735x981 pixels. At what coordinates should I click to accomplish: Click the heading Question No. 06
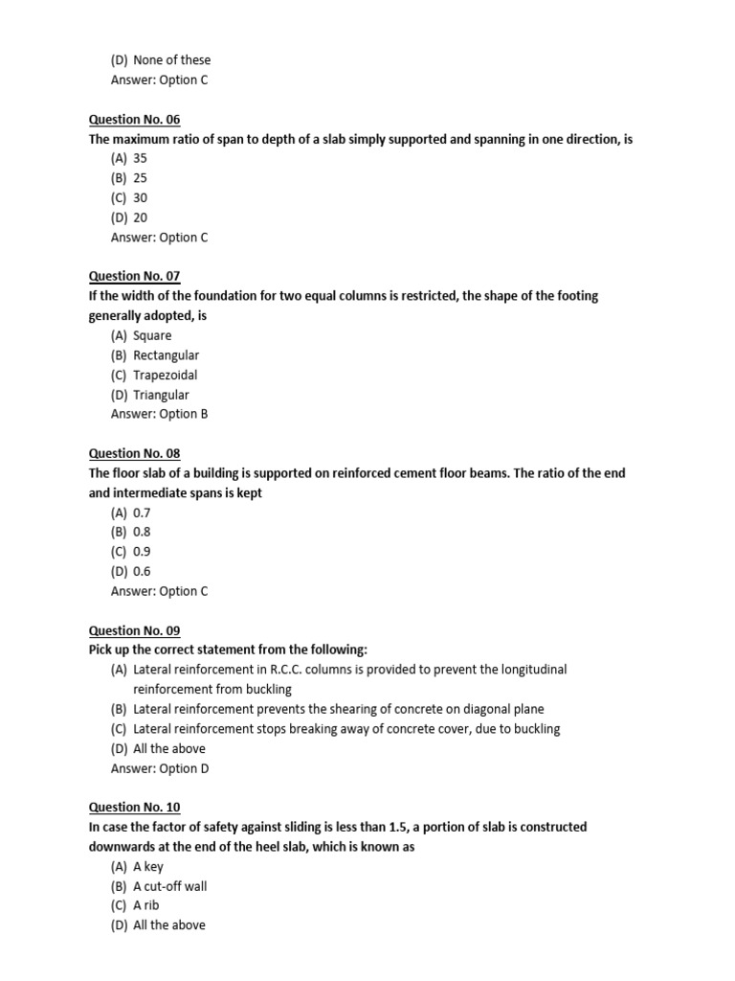[134, 120]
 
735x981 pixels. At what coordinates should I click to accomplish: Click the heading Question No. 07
[134, 276]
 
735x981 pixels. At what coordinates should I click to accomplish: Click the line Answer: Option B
[159, 414]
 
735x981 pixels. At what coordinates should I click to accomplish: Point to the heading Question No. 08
[134, 453]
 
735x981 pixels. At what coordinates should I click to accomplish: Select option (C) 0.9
[131, 552]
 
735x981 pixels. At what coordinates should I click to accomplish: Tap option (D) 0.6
[131, 571]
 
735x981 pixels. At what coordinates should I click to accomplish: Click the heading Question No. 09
[134, 630]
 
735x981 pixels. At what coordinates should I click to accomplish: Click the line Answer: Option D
[159, 768]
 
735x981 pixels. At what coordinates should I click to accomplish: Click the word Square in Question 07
[153, 335]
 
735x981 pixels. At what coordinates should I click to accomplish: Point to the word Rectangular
[167, 355]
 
